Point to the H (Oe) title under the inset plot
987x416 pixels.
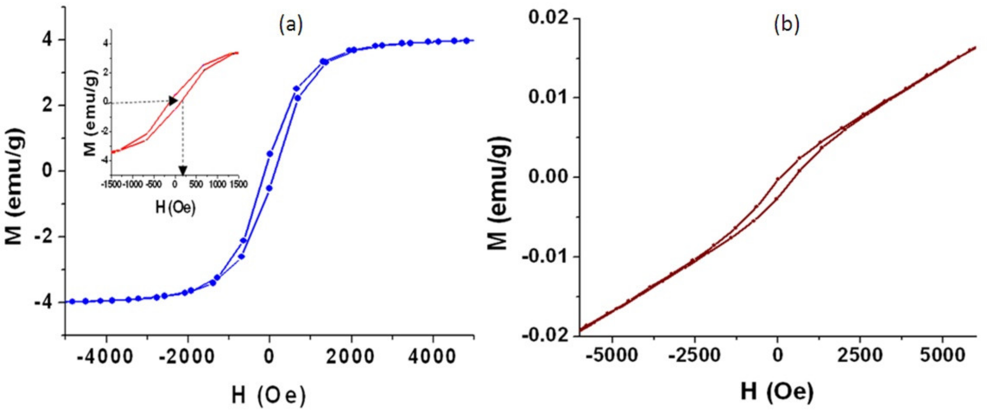point(176,208)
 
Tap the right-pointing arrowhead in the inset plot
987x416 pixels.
point(174,101)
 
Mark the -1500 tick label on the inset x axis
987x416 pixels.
point(111,185)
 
